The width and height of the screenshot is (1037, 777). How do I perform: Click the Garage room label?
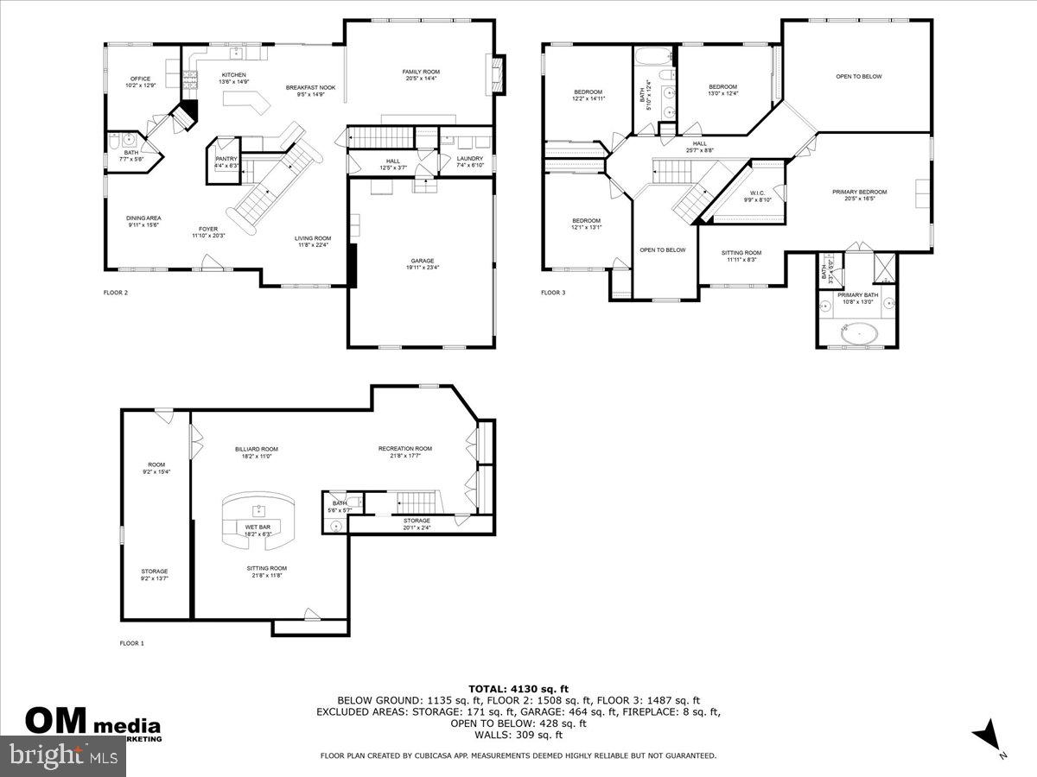pos(422,261)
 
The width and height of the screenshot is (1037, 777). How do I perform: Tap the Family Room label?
pos(421,72)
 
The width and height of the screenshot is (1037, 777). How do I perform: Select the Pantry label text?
pos(226,159)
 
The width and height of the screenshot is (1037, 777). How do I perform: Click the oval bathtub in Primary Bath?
pos(860,332)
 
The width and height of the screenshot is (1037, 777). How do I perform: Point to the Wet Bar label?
pos(258,527)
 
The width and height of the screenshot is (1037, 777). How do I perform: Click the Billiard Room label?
pos(257,449)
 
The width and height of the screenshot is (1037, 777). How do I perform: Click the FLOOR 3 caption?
pos(553,293)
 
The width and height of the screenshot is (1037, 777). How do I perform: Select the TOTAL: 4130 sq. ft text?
pos(518,688)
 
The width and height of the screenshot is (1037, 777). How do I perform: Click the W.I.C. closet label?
pos(757,193)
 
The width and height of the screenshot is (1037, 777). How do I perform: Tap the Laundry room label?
pos(469,159)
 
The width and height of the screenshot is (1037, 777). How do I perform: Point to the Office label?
pos(140,78)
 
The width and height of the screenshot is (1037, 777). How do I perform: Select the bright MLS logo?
pos(63,756)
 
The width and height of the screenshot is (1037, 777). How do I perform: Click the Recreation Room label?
pos(404,448)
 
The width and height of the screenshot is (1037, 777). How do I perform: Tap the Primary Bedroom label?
pos(859,192)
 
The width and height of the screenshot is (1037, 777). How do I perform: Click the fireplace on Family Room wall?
pos(496,73)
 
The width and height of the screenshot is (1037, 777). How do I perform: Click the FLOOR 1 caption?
pos(132,643)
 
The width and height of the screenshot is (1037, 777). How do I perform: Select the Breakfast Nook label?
pos(310,87)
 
